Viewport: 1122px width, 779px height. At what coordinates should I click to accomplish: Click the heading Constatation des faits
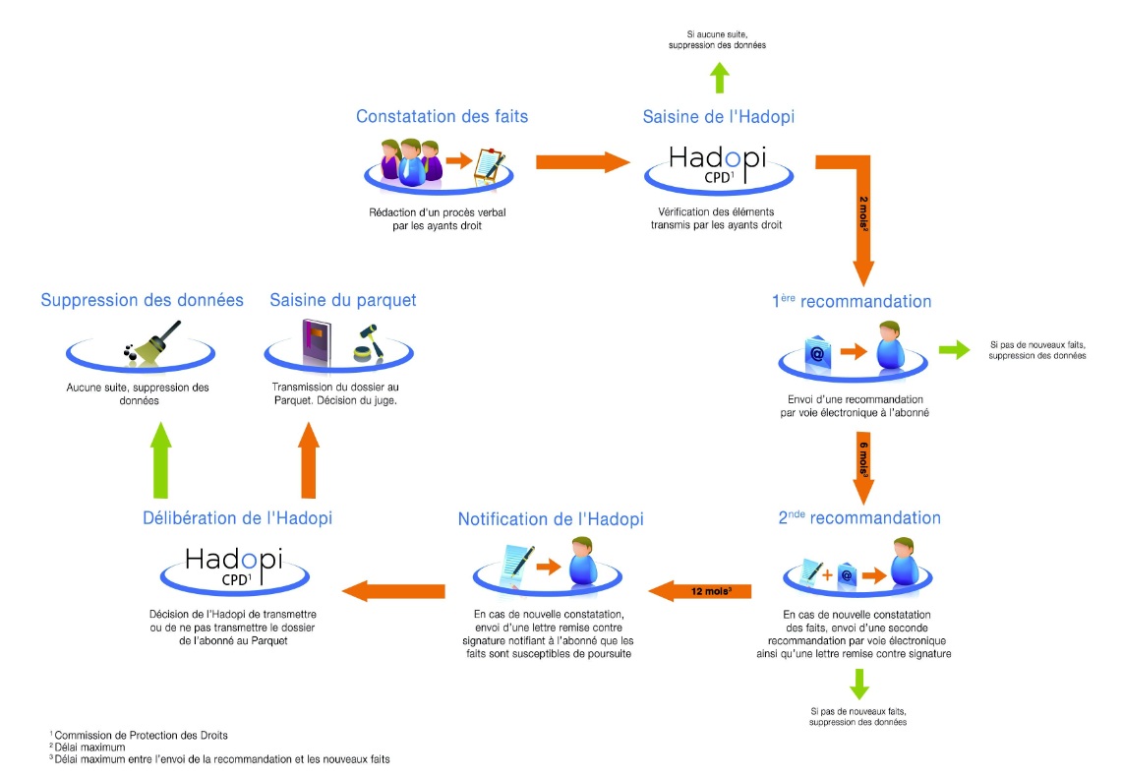tap(442, 117)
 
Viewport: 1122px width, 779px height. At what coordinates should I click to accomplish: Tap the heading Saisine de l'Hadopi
tap(718, 117)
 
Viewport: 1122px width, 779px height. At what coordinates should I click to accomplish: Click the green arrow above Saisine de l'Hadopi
tap(719, 77)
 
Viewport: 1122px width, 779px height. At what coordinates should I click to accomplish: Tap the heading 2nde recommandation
tap(859, 518)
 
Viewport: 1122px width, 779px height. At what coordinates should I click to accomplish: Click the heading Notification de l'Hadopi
tap(551, 518)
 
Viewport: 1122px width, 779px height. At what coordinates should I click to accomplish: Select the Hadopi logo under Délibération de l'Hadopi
tap(233, 566)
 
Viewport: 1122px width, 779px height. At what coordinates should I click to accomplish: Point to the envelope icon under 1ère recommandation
tap(815, 351)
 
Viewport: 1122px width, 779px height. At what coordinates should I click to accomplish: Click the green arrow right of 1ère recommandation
tap(951, 350)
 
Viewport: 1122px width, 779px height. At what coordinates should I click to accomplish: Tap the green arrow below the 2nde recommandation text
tap(858, 683)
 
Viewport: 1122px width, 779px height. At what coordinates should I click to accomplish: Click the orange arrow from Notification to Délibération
tap(392, 590)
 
